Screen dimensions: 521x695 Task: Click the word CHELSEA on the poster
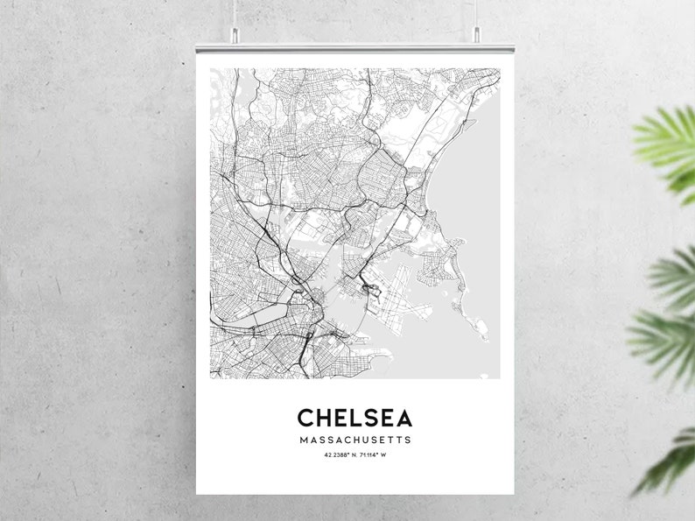coord(355,418)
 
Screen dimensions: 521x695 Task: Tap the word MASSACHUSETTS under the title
coord(355,440)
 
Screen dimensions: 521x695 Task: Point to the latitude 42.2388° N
coord(335,454)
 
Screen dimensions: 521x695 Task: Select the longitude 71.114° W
coord(373,454)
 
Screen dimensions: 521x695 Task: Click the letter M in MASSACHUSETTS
coord(302,440)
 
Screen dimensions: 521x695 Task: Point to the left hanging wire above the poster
coord(235,12)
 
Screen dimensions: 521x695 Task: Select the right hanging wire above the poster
coord(477,12)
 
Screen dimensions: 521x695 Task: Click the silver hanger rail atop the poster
coord(355,46)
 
